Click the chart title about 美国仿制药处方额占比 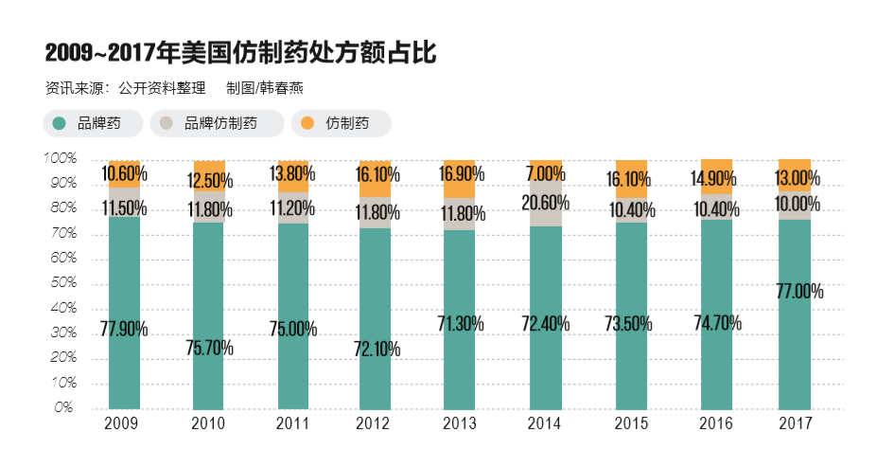point(240,53)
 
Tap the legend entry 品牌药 point(94,123)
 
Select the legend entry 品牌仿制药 point(217,123)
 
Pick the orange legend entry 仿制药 point(342,123)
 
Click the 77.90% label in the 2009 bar point(124,329)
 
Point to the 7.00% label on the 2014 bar point(546,173)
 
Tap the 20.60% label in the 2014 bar point(546,201)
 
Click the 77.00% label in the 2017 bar point(799,292)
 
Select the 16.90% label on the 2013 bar point(462,173)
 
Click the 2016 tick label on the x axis point(716,423)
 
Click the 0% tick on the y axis point(63,408)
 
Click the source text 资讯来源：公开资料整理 point(125,88)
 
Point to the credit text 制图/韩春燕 point(264,88)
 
